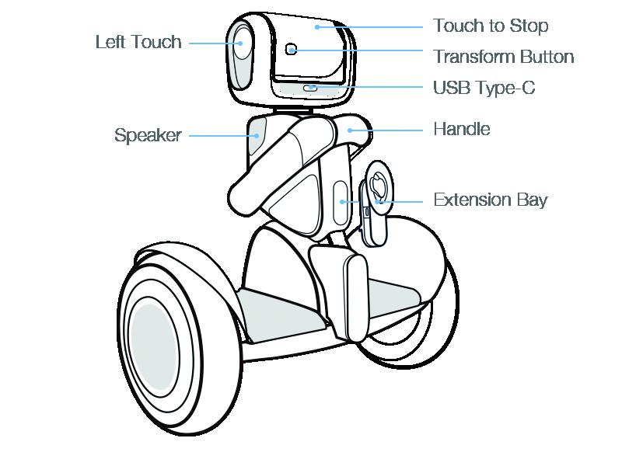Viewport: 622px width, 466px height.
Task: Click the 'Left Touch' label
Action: (x=138, y=42)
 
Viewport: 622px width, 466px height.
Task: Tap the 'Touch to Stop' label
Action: (x=491, y=26)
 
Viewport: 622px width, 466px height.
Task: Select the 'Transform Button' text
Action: (x=503, y=57)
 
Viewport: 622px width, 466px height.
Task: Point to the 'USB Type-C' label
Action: (x=484, y=88)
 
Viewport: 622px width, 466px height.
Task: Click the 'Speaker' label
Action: (x=148, y=136)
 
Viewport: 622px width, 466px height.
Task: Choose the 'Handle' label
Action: (x=461, y=129)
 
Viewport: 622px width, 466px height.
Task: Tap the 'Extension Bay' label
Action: (x=490, y=200)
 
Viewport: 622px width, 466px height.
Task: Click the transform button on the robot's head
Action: (x=291, y=49)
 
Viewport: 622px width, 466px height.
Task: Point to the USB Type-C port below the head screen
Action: (x=310, y=88)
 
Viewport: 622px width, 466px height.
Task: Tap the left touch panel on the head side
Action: (x=242, y=54)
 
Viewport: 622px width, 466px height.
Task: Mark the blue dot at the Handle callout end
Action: (x=349, y=130)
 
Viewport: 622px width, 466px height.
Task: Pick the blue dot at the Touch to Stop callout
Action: (x=316, y=26)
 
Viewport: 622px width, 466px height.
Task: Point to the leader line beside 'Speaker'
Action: (x=221, y=136)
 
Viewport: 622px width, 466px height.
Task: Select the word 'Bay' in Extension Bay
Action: (x=533, y=200)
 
